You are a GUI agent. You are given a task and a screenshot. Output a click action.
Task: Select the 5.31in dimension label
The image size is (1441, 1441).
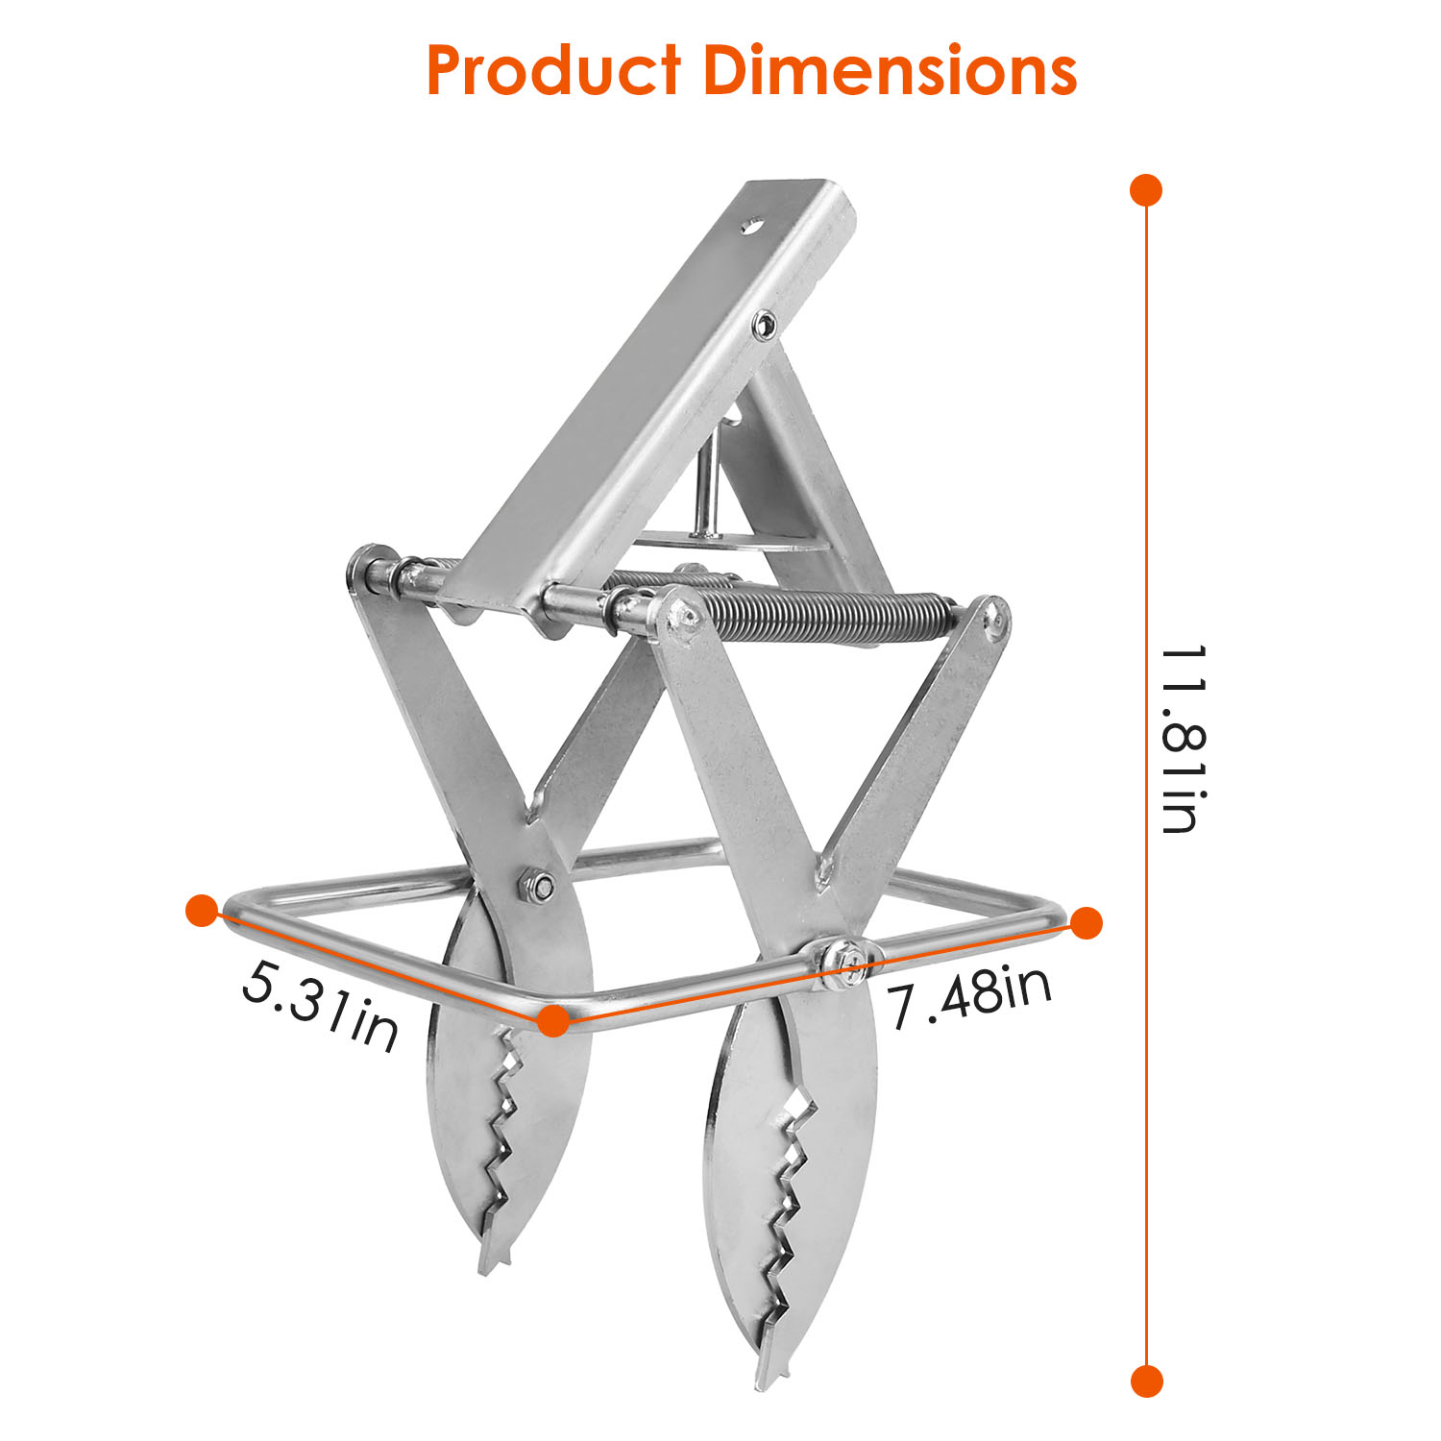[319, 1008]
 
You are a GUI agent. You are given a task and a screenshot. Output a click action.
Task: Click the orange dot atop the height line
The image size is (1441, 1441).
[1146, 190]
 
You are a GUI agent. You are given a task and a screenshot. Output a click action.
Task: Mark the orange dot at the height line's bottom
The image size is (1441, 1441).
[1146, 1381]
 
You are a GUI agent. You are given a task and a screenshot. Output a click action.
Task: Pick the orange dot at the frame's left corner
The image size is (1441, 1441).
[203, 911]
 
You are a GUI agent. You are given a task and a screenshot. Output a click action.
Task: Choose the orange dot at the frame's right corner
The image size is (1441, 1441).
[1086, 923]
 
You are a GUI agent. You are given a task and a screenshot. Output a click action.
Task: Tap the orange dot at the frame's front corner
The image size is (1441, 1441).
[551, 1021]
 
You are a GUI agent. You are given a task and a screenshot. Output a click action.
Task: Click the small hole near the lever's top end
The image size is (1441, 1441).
[752, 227]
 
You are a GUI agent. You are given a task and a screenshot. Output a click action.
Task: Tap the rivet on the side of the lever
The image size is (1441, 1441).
[765, 325]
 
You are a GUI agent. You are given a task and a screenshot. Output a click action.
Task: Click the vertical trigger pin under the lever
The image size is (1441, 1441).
[707, 480]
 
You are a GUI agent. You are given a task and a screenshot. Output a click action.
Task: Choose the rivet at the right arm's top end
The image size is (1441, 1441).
[996, 617]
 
